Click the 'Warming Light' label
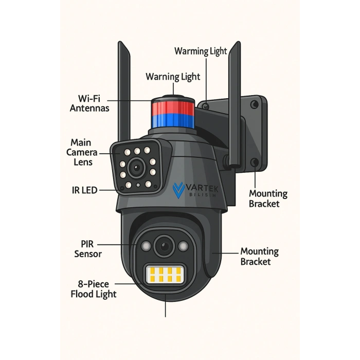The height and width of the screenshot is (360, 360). (x=201, y=51)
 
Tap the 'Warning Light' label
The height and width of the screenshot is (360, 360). (x=173, y=77)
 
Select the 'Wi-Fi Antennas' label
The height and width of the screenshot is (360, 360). (x=89, y=103)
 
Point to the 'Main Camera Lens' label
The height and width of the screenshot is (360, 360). (x=82, y=152)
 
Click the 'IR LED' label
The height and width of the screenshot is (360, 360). (x=84, y=190)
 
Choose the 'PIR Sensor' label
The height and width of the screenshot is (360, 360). (x=88, y=249)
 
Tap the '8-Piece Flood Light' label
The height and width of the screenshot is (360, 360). (x=94, y=289)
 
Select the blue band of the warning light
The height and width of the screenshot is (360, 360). (x=173, y=121)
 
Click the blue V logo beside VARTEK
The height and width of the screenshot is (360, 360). (x=178, y=190)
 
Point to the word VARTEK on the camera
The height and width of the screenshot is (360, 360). (x=202, y=189)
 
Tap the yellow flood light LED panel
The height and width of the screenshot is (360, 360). (x=165, y=275)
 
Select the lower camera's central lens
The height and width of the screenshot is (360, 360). (x=165, y=246)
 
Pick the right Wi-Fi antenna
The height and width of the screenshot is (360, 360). (x=235, y=103)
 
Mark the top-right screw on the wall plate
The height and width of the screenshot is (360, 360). (x=254, y=105)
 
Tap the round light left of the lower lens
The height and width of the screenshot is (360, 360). (x=146, y=246)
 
